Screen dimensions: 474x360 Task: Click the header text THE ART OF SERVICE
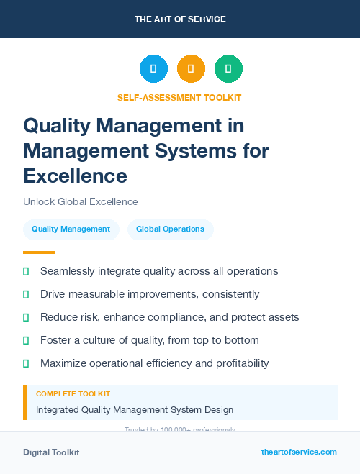pyautogui.click(x=180, y=19)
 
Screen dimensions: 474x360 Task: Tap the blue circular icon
pyautogui.click(x=153, y=68)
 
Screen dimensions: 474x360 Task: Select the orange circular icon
pyautogui.click(x=191, y=68)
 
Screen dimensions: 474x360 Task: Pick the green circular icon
pyautogui.click(x=228, y=68)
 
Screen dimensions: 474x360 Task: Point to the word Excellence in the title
pyautogui.click(x=75, y=175)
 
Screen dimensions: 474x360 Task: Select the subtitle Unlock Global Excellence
pyautogui.click(x=80, y=201)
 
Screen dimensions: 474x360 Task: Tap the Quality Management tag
pyautogui.click(x=71, y=229)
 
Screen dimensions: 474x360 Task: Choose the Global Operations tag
pyautogui.click(x=170, y=229)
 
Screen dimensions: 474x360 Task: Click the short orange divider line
pyautogui.click(x=39, y=252)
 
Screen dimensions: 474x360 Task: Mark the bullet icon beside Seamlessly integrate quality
pyautogui.click(x=26, y=272)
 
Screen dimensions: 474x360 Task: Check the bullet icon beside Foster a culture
pyautogui.click(x=26, y=340)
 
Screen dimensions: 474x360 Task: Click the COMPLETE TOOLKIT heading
pyautogui.click(x=73, y=394)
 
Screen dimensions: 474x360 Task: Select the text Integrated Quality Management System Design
pyautogui.click(x=135, y=410)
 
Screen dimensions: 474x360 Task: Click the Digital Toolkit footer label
pyautogui.click(x=51, y=452)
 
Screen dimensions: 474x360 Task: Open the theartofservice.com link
pyautogui.click(x=299, y=452)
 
